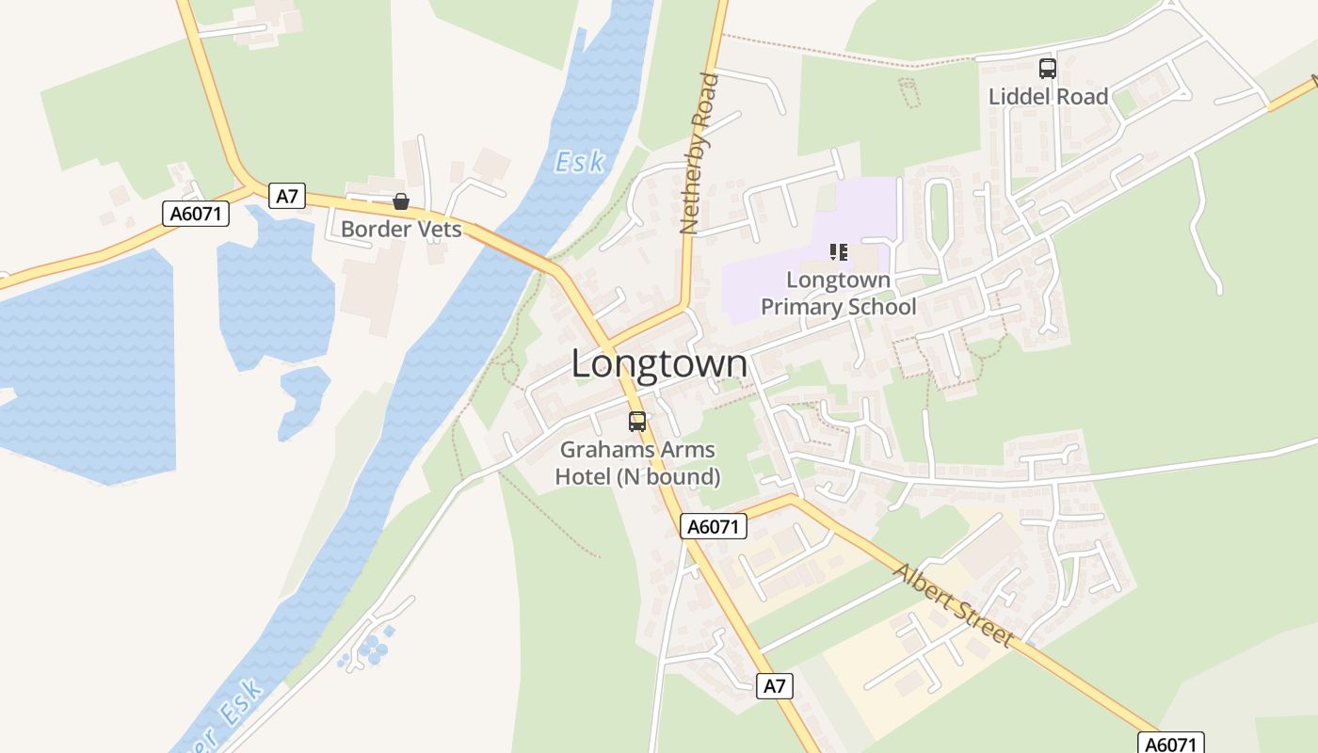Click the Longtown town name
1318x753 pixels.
(659, 364)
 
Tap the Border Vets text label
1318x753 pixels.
(401, 229)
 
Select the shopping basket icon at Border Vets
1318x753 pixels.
(401, 200)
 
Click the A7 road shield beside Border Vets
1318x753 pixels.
(288, 196)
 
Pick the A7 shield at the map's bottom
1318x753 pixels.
(774, 686)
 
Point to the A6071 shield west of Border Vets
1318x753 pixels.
(196, 214)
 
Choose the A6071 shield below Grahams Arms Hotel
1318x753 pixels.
(713, 526)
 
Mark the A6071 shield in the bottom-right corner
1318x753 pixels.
(1170, 744)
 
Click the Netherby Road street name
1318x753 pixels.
(699, 153)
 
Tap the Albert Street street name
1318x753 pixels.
(954, 605)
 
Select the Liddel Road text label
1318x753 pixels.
(1048, 96)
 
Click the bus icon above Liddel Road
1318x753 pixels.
(1048, 68)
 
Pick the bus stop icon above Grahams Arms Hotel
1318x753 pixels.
(637, 421)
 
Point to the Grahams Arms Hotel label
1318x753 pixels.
(637, 463)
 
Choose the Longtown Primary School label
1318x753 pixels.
(838, 293)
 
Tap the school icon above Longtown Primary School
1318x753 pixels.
(838, 251)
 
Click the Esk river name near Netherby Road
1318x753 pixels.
(579, 162)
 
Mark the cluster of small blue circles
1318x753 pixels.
(374, 648)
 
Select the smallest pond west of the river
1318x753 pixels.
(303, 400)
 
